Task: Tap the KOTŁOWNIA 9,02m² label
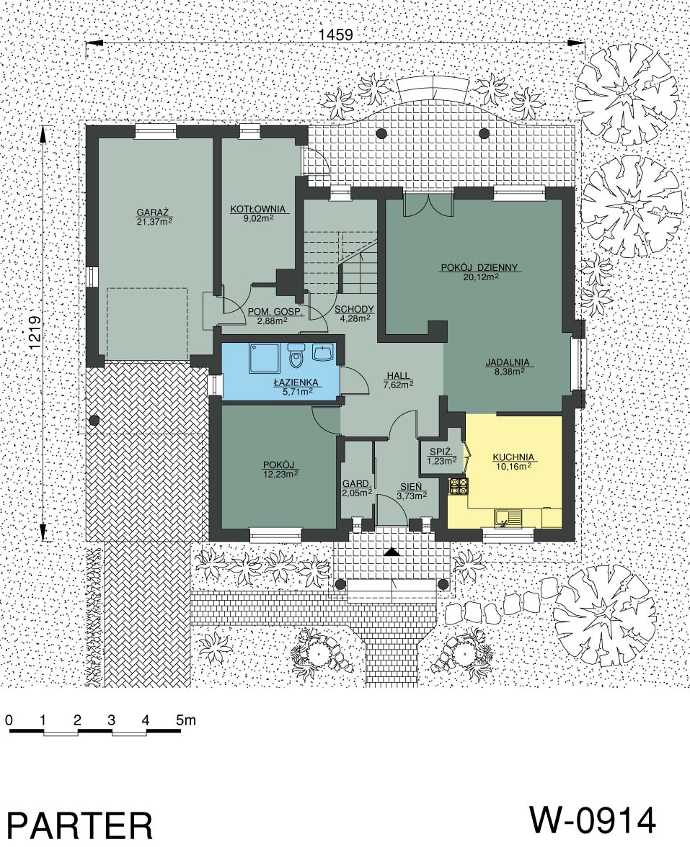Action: (257, 213)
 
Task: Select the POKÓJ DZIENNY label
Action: (480, 266)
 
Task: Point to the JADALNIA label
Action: (507, 362)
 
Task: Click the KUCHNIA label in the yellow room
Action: (513, 457)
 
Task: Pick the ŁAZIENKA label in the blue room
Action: (296, 382)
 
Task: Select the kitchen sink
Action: (508, 517)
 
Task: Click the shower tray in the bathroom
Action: (263, 357)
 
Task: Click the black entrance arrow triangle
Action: (392, 552)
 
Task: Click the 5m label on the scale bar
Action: (185, 720)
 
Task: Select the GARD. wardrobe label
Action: (356, 484)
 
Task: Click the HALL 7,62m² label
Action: (399, 380)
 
